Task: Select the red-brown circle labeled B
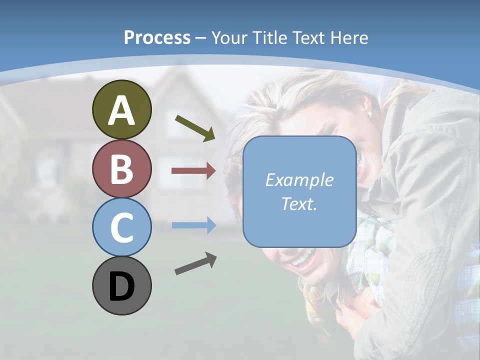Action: (121, 169)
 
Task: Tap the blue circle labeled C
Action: (121, 227)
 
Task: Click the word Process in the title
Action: (157, 37)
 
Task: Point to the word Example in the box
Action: (299, 180)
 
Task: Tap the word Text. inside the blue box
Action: (299, 203)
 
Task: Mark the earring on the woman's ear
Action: (370, 114)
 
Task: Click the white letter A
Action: (121, 110)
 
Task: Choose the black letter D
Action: (121, 287)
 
